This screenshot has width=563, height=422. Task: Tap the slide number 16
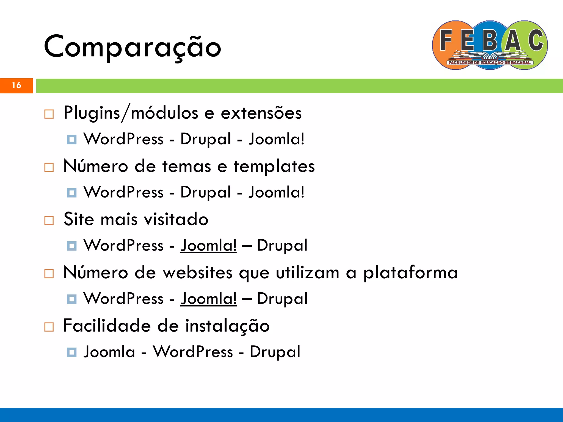tap(16, 85)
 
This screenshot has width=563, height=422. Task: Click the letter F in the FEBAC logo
tap(446, 40)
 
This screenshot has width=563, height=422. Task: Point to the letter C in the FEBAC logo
tap(536, 40)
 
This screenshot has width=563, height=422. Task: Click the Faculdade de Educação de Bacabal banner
tap(490, 63)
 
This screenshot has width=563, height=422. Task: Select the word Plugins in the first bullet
tap(92, 113)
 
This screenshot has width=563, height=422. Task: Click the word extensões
tap(261, 113)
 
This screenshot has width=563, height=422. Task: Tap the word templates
tap(274, 166)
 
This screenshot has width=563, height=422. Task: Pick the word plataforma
tap(410, 273)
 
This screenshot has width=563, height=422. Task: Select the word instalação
tap(227, 326)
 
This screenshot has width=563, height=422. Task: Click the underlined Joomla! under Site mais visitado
tap(209, 245)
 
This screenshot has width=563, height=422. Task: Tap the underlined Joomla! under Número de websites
tap(209, 298)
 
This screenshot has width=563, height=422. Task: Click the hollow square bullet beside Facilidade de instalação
tap(49, 327)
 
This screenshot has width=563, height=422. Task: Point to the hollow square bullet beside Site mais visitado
tap(49, 220)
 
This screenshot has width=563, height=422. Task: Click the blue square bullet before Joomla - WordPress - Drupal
tap(72, 352)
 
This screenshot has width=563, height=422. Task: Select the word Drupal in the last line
tap(275, 352)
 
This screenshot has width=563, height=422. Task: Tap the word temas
tap(186, 166)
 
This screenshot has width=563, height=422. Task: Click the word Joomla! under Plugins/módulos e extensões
tap(277, 139)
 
